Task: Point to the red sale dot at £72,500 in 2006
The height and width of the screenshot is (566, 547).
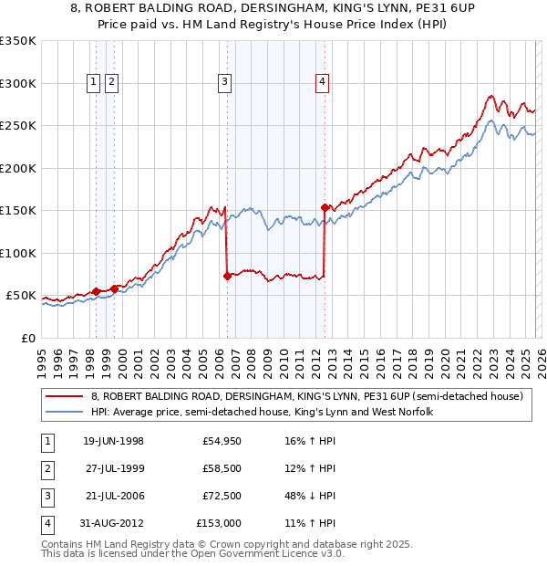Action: tap(227, 276)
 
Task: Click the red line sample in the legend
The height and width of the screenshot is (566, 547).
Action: tap(66, 397)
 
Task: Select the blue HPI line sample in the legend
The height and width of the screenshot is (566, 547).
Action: tap(66, 413)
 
